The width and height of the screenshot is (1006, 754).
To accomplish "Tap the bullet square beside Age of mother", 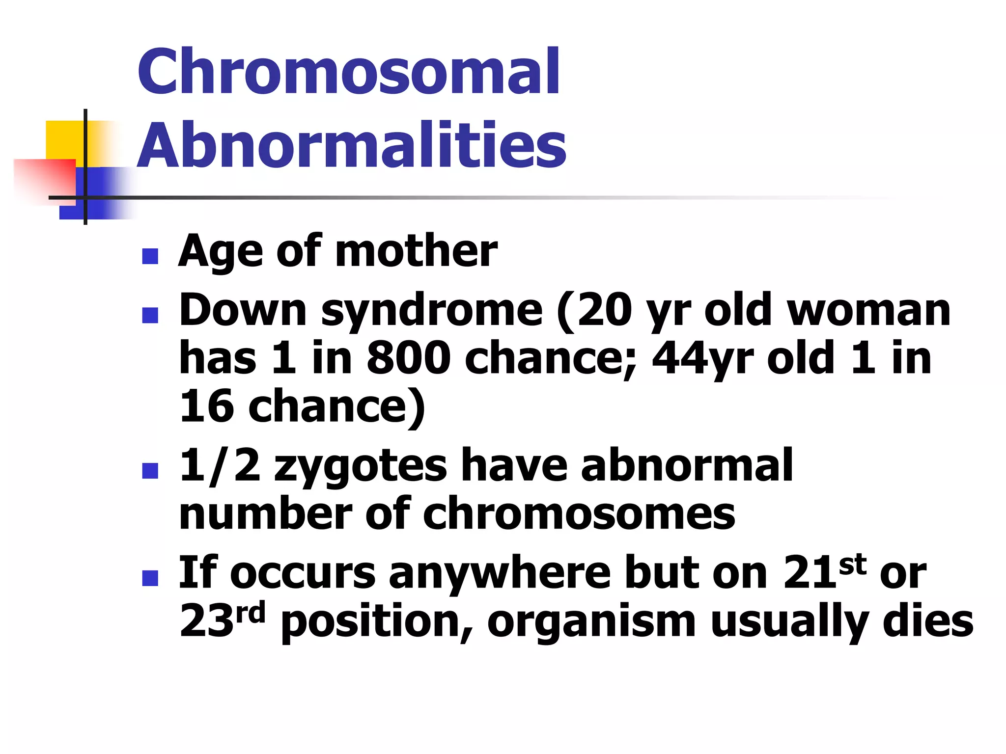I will click(x=150, y=256).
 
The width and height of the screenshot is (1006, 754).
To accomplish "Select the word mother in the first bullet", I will click(x=416, y=251).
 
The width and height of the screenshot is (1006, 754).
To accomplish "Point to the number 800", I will click(x=408, y=358).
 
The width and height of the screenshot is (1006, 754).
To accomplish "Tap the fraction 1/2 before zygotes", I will click(x=219, y=466).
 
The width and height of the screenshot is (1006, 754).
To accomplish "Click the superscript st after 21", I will click(x=852, y=565).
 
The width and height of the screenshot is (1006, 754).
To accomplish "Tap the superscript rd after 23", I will click(x=250, y=613).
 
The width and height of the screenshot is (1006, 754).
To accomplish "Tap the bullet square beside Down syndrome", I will click(x=150, y=315).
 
